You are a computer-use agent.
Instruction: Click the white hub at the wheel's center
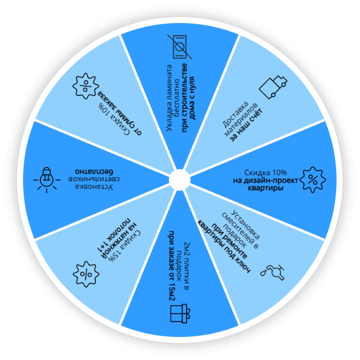pos(180,180)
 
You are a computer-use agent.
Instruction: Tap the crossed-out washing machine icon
pos(180,47)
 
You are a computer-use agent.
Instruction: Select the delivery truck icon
pos(273,87)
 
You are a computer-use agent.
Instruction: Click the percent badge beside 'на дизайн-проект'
pos(313,180)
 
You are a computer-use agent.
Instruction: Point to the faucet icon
pos(273,272)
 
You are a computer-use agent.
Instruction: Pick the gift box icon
pos(180,313)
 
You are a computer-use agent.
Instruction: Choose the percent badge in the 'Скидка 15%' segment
pos(86,274)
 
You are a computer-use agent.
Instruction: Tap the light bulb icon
pos(47,180)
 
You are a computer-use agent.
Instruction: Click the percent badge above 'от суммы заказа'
pos(86,86)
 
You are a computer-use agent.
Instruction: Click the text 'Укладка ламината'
pos(169,98)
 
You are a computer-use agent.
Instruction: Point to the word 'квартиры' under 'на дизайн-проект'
pos(266,189)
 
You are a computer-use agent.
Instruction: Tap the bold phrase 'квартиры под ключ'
pos(224,247)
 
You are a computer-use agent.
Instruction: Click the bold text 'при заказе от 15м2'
pos(172,266)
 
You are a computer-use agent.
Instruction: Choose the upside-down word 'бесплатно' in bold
pos(94,171)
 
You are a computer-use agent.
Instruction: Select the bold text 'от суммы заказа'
pos(120,113)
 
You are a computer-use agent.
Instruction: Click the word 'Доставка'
pos(236,114)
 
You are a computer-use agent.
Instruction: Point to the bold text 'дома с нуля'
pos(193,98)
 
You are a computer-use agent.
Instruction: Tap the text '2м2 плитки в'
pos(186,266)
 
